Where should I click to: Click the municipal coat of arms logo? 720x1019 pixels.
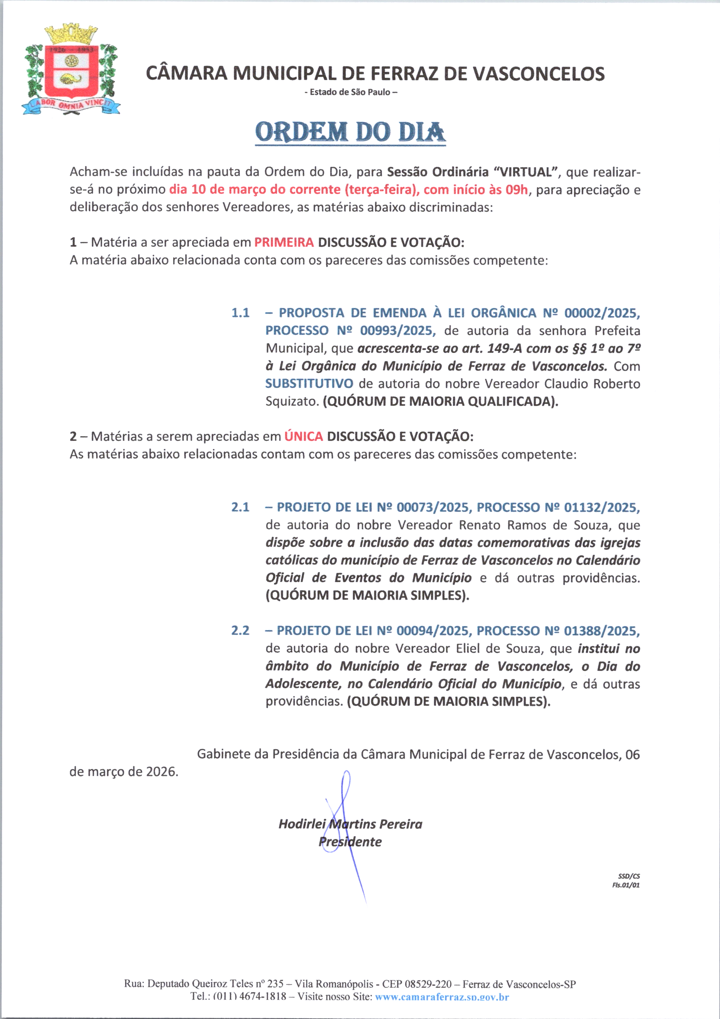coord(71,70)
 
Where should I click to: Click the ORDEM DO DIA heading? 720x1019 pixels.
coord(350,132)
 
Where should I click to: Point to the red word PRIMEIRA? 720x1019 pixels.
coord(284,243)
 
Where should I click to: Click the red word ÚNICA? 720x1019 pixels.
coord(303,436)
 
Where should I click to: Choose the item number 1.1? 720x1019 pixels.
coord(240,313)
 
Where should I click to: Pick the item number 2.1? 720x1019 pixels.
coord(240,507)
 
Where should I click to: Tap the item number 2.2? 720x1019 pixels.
coord(240,630)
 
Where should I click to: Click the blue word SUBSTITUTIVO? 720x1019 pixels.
coord(309,383)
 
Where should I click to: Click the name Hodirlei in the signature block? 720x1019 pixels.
coord(302,824)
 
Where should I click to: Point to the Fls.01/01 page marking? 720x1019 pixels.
coord(626,885)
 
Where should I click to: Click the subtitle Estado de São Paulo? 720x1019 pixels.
coord(350,92)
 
